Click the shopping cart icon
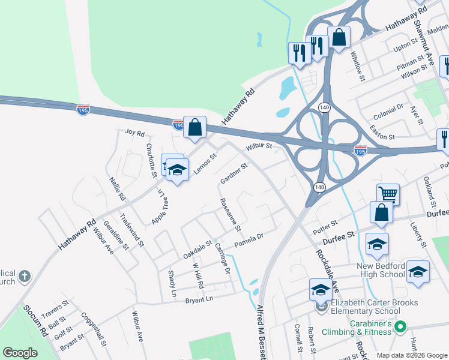388,194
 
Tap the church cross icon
24,276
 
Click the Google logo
20,353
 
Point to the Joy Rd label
135,132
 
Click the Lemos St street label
205,163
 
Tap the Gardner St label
234,173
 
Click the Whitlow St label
357,63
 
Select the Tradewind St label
132,230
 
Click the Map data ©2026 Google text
411,355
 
